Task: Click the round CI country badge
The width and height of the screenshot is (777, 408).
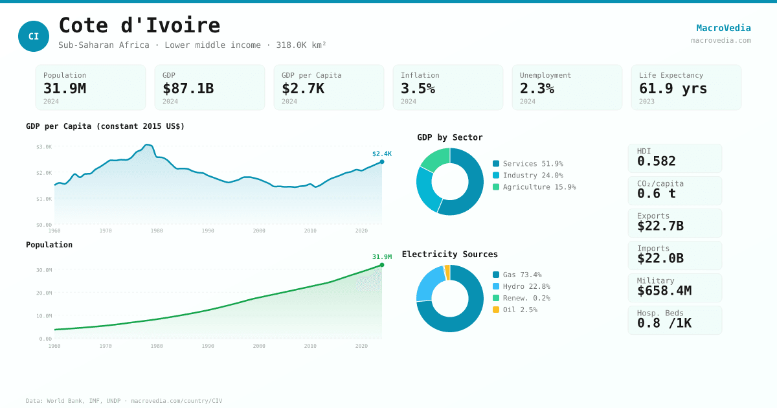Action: click(x=34, y=36)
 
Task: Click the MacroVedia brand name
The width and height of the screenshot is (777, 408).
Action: click(x=723, y=28)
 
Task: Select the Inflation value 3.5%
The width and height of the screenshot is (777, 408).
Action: click(x=418, y=88)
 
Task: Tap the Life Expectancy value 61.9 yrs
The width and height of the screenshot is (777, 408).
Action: click(x=673, y=88)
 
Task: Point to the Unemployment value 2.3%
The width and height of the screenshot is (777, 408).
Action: click(x=537, y=88)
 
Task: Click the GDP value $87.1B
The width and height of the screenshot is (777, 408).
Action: click(x=188, y=88)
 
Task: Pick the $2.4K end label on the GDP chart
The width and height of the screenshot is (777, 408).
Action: click(x=381, y=153)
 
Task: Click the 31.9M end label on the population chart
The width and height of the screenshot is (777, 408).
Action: click(x=381, y=256)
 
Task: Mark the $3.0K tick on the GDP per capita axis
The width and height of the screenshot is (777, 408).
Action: click(x=44, y=147)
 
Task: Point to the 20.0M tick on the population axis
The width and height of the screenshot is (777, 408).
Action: click(x=44, y=293)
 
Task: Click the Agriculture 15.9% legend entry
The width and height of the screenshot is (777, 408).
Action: click(x=533, y=187)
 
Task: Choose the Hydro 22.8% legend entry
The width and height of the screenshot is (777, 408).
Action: click(x=526, y=286)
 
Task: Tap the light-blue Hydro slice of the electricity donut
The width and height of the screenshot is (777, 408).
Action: click(x=430, y=284)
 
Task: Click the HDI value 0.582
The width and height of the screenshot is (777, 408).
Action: click(x=656, y=161)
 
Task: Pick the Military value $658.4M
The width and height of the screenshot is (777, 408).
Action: click(x=664, y=291)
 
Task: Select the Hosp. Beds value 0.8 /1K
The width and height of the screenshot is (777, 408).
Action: click(x=664, y=323)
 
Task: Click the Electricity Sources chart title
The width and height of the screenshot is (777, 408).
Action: click(x=449, y=254)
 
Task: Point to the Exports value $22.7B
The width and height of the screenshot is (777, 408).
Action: click(x=660, y=226)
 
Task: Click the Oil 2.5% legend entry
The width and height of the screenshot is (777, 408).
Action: click(x=520, y=310)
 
